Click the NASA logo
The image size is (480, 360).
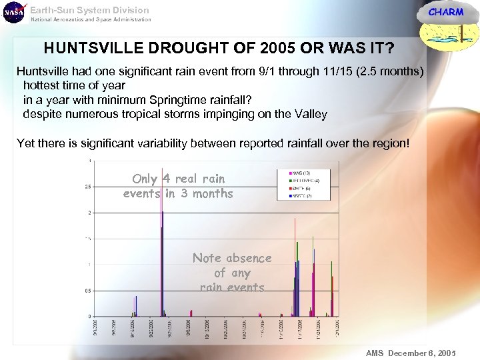tap(13, 13)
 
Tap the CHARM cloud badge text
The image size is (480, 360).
tap(445, 12)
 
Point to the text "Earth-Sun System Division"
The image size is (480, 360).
tap(90, 10)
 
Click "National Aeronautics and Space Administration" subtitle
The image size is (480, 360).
tap(91, 19)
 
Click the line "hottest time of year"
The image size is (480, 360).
tap(74, 85)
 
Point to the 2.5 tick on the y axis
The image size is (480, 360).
tap(88, 187)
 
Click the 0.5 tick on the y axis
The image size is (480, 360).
tap(88, 290)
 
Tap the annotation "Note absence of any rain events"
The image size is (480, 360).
tap(232, 273)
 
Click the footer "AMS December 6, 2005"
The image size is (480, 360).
tap(410, 353)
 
